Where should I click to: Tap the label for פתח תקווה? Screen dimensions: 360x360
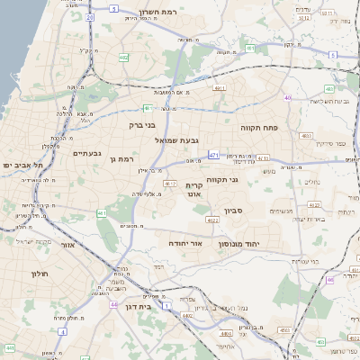(x=262, y=129)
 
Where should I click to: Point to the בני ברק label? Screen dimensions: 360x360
(x=142, y=125)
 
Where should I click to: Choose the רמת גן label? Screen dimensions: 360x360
(x=119, y=159)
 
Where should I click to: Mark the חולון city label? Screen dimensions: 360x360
(x=38, y=273)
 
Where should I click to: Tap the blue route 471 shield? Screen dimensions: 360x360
(x=213, y=156)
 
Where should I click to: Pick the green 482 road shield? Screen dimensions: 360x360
(x=123, y=57)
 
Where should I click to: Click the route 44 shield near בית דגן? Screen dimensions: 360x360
(x=114, y=305)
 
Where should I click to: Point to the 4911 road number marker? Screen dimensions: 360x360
(x=219, y=88)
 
